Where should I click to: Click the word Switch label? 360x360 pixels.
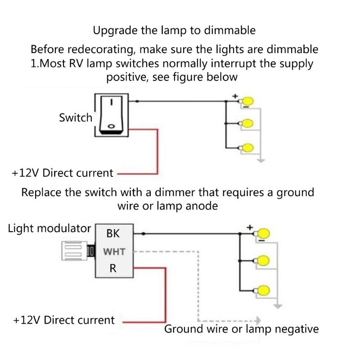[75, 118]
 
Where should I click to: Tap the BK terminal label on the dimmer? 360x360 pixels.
[112, 234]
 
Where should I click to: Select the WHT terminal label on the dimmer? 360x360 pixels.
[115, 251]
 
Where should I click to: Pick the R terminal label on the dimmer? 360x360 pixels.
[113, 269]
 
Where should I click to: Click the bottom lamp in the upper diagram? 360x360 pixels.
[247, 147]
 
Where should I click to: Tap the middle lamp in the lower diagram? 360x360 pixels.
[263, 261]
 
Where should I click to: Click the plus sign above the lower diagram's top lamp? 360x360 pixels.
[250, 228]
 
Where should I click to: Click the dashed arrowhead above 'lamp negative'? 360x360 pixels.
[258, 320]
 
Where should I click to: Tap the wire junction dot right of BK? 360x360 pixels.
[143, 234]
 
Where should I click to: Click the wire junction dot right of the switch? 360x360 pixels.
[136, 101]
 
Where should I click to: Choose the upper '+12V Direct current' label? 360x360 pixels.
[63, 173]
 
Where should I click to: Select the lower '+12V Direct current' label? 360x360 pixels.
[64, 320]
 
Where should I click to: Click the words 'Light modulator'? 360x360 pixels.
[49, 228]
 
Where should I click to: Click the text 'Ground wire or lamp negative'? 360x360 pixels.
[241, 329]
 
